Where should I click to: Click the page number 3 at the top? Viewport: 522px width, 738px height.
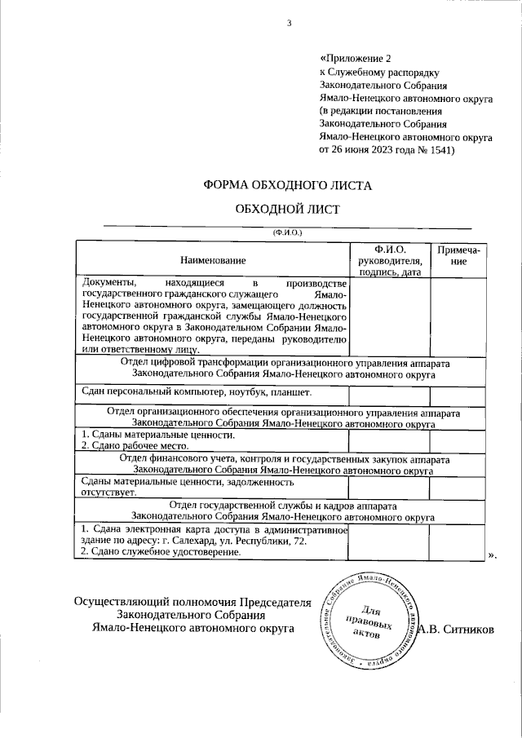[288, 22]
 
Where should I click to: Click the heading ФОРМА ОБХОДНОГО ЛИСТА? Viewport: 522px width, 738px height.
[286, 185]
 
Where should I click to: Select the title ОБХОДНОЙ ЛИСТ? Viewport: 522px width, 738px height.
[286, 209]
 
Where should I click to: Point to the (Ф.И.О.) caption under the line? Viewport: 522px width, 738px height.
[287, 232]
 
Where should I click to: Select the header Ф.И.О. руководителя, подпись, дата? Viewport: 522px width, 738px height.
[389, 260]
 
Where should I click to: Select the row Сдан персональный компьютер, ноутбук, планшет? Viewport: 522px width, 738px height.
[185, 391]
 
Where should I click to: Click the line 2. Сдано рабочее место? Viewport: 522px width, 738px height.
[135, 446]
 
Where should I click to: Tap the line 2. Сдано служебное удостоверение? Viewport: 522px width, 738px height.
[161, 552]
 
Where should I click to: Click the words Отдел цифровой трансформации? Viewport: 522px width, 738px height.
[192, 360]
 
